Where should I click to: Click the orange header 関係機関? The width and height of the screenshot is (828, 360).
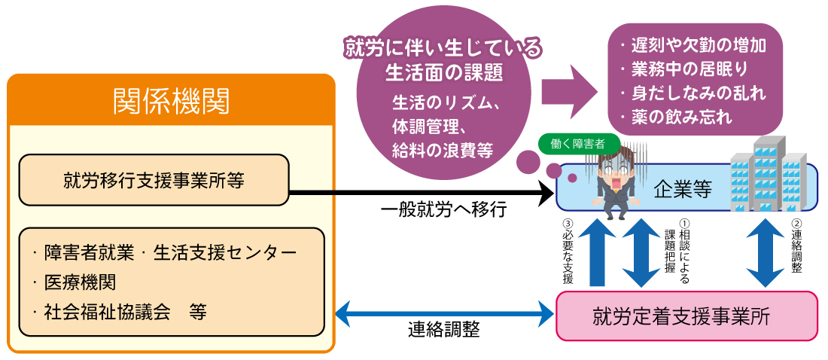coord(171,100)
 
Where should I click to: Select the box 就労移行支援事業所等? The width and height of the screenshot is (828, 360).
coord(154,180)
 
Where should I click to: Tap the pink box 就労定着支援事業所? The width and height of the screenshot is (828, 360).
coord(686,316)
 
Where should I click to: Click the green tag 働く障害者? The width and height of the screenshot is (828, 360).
coord(578,144)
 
